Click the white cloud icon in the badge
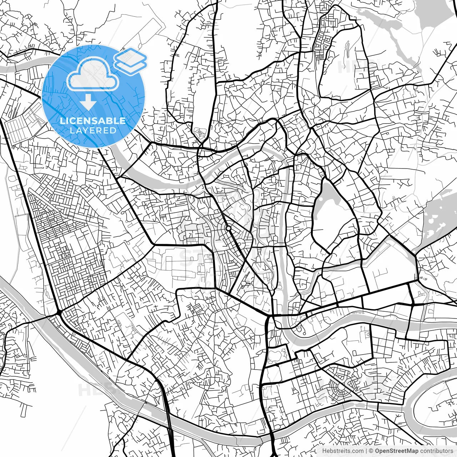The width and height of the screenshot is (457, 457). click(x=93, y=74)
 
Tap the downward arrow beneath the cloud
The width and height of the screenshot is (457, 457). click(x=88, y=102)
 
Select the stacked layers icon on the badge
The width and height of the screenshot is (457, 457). click(x=130, y=61)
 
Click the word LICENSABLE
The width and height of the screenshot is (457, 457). click(x=93, y=121)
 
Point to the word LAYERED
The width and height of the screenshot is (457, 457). click(x=93, y=131)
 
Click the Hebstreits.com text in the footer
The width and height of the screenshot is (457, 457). click(x=343, y=451)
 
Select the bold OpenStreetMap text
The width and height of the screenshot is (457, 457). click(x=397, y=451)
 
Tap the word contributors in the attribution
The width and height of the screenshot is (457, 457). click(x=436, y=451)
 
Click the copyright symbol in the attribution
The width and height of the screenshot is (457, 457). click(x=371, y=451)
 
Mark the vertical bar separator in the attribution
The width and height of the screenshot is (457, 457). click(x=366, y=451)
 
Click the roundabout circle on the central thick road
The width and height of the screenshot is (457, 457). click(x=228, y=228)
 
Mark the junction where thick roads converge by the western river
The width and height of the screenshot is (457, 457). click(x=58, y=313)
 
